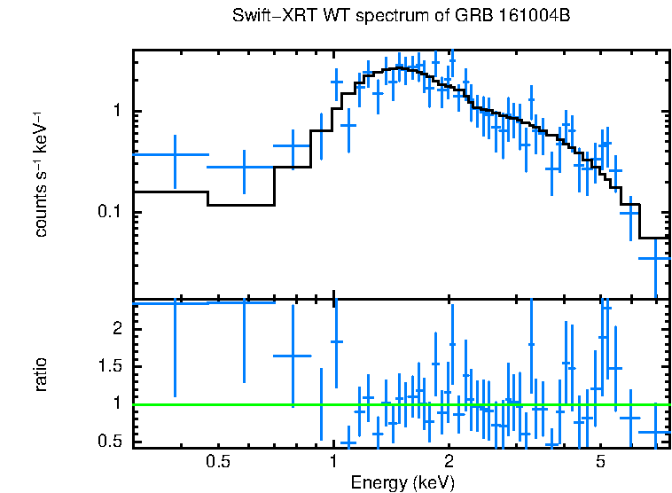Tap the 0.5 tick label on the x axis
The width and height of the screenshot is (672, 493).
pos(218,462)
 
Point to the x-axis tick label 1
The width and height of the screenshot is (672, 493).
pos(333,462)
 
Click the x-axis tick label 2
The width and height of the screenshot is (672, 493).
pos(449,462)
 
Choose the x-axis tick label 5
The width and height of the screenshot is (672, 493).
pos(600,462)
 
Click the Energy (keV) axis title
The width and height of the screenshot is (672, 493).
pos(402,482)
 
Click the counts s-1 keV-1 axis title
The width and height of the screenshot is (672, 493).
pos(41,174)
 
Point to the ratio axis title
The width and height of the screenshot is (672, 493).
pos(41,374)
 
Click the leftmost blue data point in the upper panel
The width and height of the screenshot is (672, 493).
pos(175,154)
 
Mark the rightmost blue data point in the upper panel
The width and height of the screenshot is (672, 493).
pos(655,258)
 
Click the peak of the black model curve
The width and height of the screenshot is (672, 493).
pos(401,67)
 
